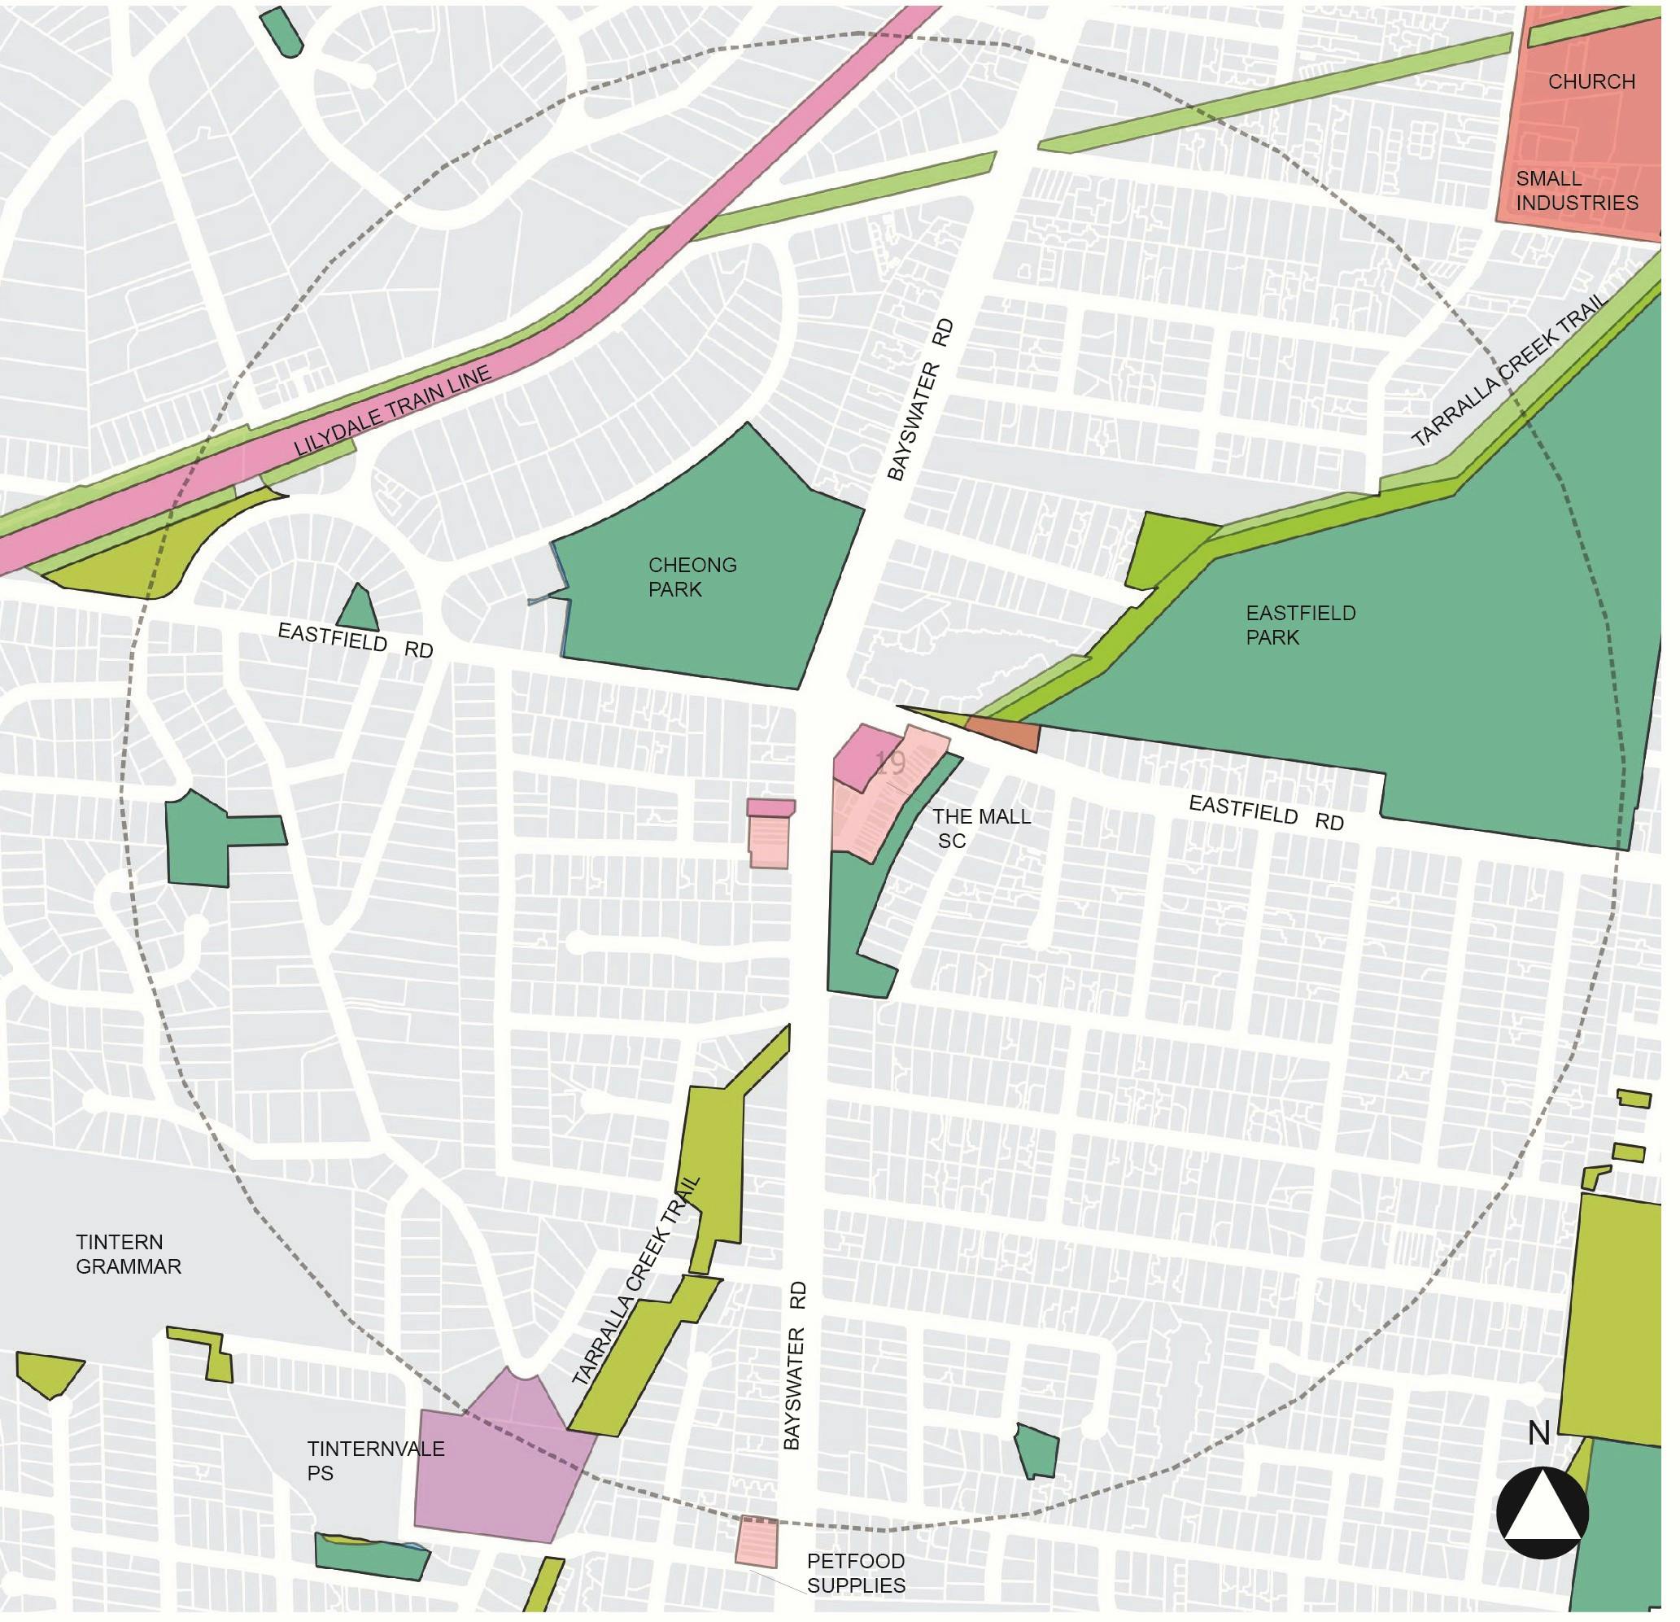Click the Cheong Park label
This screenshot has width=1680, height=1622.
pyautogui.click(x=692, y=577)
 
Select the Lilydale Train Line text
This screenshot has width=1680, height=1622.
pyautogui.click(x=393, y=411)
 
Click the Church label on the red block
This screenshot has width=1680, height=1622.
pyautogui.click(x=1591, y=81)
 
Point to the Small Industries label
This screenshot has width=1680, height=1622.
pyautogui.click(x=1577, y=190)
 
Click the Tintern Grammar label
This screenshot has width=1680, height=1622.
pyautogui.click(x=129, y=1254)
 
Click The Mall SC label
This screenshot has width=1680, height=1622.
pyautogui.click(x=980, y=828)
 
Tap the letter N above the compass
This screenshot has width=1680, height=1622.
pyautogui.click(x=1539, y=1433)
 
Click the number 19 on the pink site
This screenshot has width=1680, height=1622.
pyautogui.click(x=891, y=763)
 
